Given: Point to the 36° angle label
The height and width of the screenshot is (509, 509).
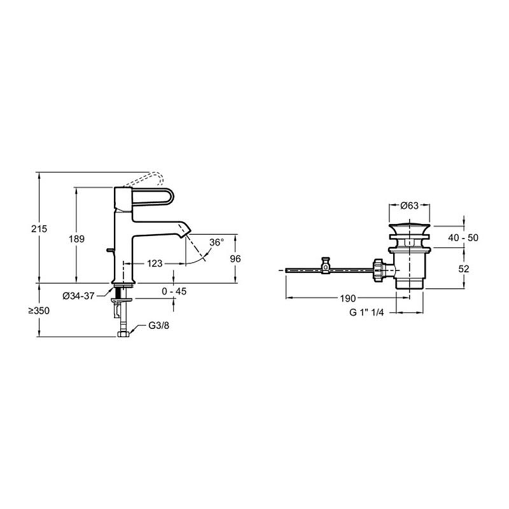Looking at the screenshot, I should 217,242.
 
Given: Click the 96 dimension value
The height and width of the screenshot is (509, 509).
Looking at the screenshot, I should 235,259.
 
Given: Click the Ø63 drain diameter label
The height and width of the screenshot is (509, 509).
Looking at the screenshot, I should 409,206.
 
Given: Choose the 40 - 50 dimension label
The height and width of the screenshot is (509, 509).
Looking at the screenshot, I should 463,238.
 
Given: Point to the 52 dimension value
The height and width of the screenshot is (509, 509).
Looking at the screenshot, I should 464,269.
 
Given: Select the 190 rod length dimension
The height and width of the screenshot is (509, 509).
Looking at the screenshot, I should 347,298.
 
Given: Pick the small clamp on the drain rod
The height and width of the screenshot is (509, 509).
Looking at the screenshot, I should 326,265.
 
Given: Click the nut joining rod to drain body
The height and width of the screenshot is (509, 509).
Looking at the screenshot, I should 382,269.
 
